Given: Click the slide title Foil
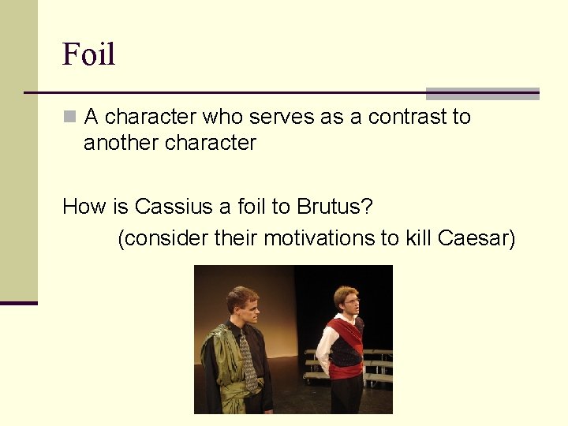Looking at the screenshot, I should pos(89,54).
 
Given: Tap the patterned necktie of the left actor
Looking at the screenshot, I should pos(248,359).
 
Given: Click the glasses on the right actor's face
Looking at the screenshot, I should pos(350,300).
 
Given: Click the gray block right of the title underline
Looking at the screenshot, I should pos(482,93).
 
